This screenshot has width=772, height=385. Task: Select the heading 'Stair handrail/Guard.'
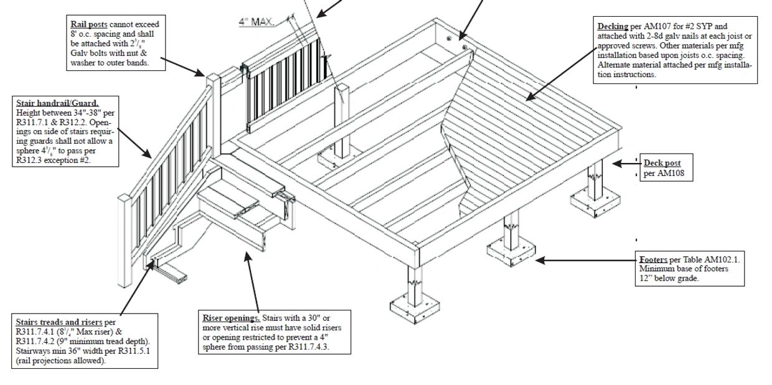pos(57,103)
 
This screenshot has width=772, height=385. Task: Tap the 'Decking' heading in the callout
pos(613,26)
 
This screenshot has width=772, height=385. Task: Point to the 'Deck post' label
pos(662,163)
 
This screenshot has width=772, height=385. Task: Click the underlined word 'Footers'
pos(653,259)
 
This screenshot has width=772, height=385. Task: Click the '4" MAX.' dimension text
pos(257,22)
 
